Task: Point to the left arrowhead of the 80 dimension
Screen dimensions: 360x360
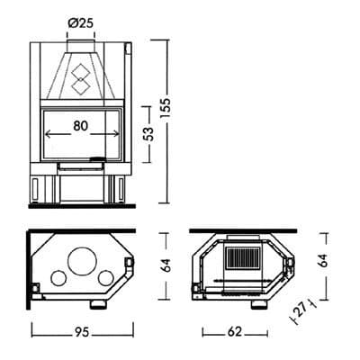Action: [47, 131]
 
